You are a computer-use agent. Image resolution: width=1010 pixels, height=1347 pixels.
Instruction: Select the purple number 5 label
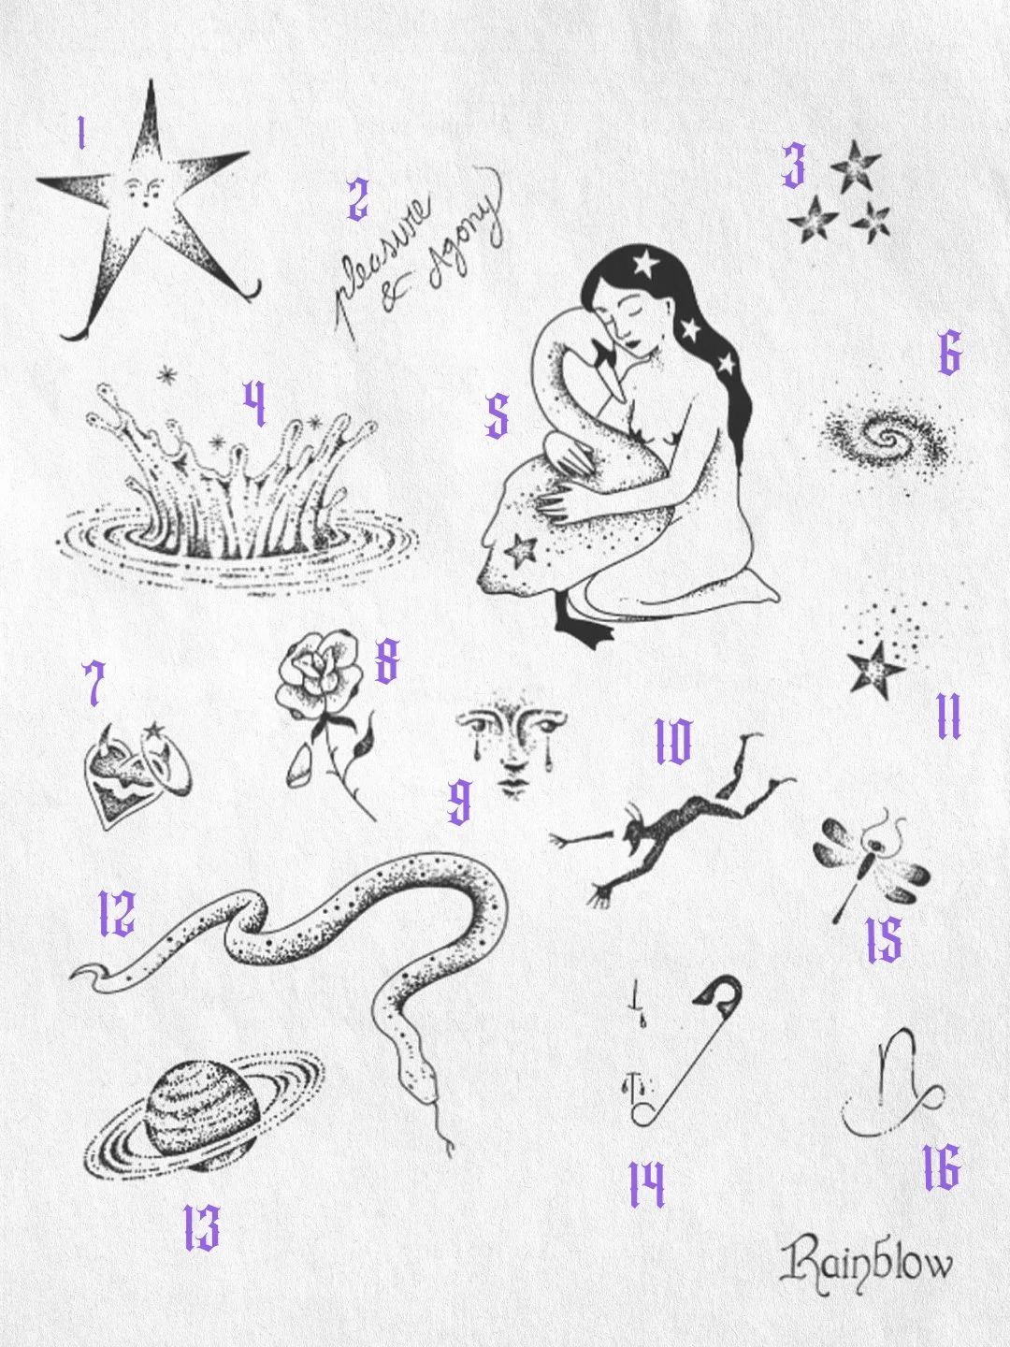pos(498,415)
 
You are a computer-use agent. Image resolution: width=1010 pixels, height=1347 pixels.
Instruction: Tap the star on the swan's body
pos(521,549)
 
